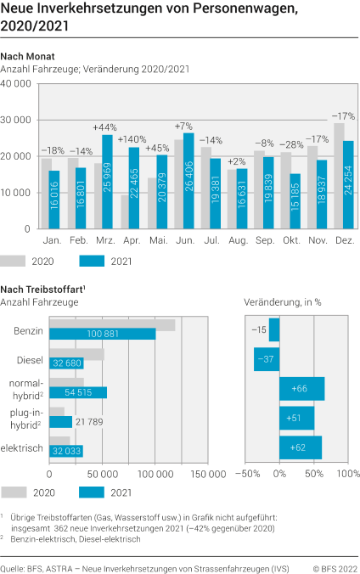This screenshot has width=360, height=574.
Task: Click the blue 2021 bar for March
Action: point(108,182)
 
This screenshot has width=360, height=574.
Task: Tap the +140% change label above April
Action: point(132,139)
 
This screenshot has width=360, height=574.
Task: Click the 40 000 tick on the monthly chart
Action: point(17,84)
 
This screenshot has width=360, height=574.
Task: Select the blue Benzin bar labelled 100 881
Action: point(103,334)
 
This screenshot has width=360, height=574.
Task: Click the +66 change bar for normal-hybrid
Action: point(301,389)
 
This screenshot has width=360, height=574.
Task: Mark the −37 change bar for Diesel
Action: point(267,359)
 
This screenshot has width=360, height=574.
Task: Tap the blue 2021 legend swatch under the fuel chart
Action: point(95,492)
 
